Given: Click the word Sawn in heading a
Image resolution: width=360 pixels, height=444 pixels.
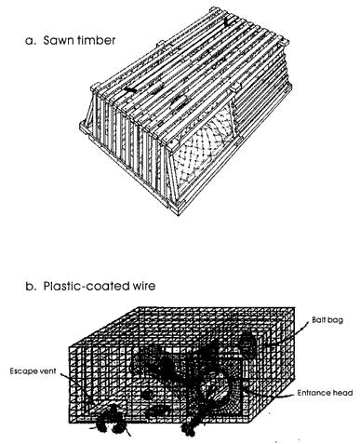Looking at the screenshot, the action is (x=57, y=40).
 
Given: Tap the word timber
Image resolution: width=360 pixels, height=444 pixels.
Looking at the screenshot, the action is (x=95, y=40).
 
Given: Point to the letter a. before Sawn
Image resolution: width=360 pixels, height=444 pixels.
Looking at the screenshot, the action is (x=31, y=41).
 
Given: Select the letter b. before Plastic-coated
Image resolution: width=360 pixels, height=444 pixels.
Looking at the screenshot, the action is (x=31, y=286).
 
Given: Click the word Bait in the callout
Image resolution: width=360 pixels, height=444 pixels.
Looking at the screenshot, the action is (x=319, y=319).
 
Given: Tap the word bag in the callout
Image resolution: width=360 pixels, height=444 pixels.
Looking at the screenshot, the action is (x=336, y=320).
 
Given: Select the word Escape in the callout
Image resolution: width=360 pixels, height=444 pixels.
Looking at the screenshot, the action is (x=22, y=371).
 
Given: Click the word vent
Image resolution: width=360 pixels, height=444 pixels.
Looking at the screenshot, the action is (x=47, y=370).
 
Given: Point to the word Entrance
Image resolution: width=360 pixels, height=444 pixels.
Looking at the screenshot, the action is (x=313, y=393).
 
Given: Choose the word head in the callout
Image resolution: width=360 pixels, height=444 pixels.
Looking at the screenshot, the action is (x=341, y=393).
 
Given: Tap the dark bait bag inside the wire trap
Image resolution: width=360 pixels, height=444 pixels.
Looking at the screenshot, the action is (x=247, y=343).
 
